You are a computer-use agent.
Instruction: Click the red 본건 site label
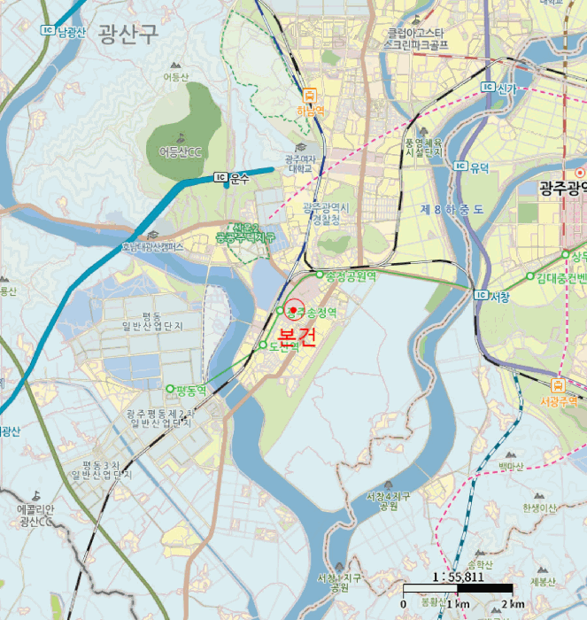[295, 337]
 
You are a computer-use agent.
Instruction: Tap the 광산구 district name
[128, 35]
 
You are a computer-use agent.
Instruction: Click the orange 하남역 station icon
[310, 95]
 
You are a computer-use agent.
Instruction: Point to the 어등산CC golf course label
[180, 152]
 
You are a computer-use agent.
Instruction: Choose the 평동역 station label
[190, 389]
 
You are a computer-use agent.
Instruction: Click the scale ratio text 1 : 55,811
[458, 576]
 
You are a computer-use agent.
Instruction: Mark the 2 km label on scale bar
[513, 604]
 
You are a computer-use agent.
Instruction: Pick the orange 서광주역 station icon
[559, 385]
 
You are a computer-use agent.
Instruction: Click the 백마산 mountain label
[511, 466]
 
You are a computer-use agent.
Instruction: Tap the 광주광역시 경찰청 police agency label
[328, 213]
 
